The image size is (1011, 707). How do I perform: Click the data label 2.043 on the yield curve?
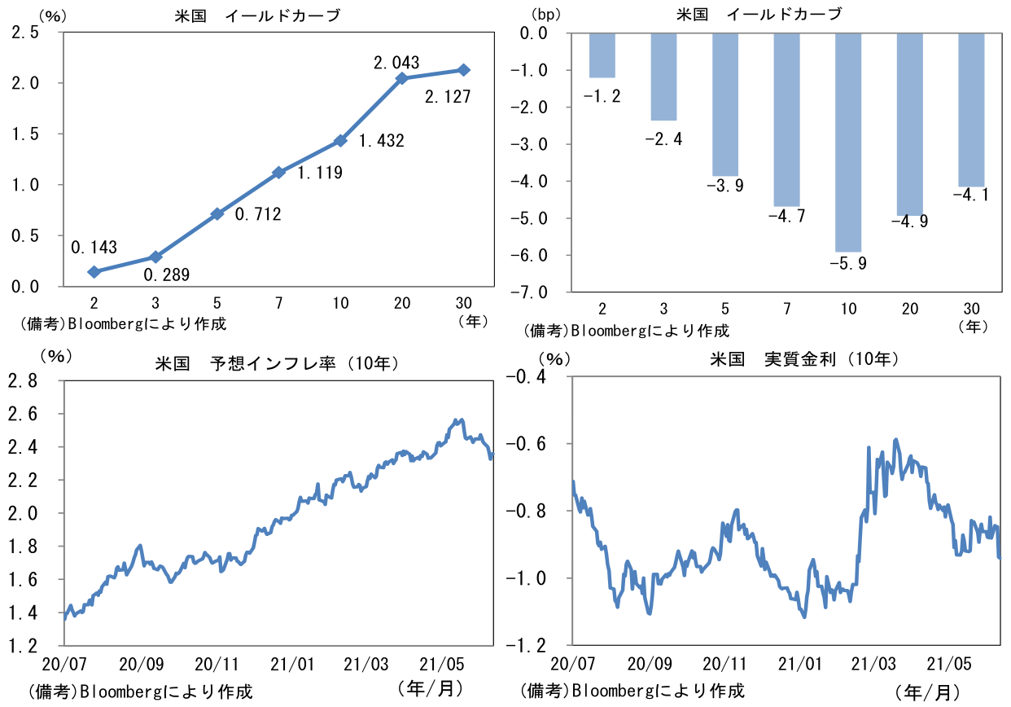(396, 63)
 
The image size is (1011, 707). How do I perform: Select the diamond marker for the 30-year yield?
(463, 70)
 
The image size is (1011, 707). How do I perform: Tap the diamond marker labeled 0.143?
(94, 271)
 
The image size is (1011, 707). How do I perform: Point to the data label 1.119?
(320, 172)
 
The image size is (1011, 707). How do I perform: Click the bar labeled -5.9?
(848, 143)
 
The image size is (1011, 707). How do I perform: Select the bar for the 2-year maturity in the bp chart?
(602, 55)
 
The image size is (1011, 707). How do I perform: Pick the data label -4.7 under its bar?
(786, 216)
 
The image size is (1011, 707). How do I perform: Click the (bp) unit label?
(545, 15)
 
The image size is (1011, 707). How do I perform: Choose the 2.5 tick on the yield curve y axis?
(25, 32)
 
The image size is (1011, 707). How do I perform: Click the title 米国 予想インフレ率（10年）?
(277, 363)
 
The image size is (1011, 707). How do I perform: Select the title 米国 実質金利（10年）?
(804, 359)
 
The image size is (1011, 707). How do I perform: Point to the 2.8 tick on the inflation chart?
(23, 381)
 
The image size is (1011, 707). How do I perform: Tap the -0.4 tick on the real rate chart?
(526, 376)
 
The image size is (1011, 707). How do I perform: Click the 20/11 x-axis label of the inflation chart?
(217, 664)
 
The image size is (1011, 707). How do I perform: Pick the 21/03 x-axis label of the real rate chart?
(873, 664)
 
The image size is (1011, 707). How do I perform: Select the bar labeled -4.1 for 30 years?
(971, 110)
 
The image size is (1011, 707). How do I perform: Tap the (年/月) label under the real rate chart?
(927, 692)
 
